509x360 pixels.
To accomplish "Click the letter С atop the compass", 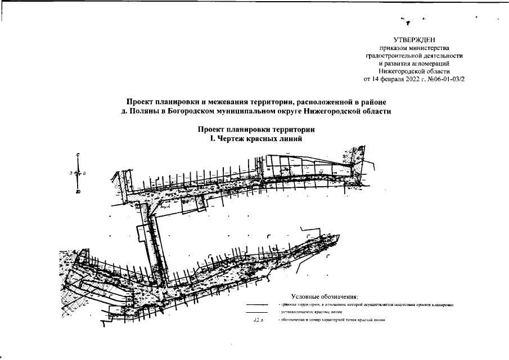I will pyautogui.click(x=78, y=155).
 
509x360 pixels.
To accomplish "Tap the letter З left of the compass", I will pyautogui.click(x=71, y=174).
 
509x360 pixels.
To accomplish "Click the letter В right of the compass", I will pyautogui.click(x=84, y=174).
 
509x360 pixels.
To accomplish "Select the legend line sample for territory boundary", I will pyautogui.click(x=256, y=304).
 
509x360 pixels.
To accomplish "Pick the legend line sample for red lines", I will pyautogui.click(x=256, y=312).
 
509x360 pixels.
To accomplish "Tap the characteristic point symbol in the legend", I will pyautogui.click(x=258, y=320).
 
